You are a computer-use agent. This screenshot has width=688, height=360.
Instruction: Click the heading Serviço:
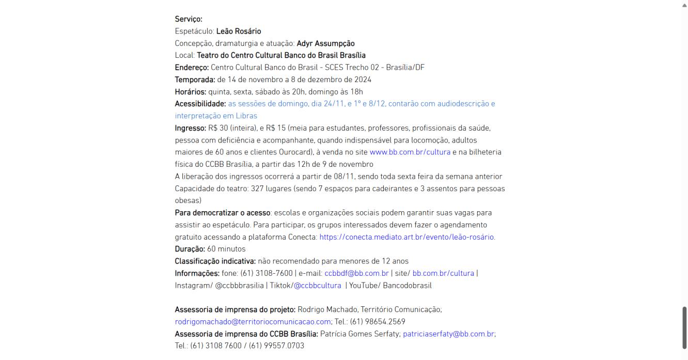(x=189, y=19)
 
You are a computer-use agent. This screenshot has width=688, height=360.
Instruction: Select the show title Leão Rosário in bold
(x=239, y=31)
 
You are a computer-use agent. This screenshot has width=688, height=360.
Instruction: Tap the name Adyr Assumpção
(x=325, y=43)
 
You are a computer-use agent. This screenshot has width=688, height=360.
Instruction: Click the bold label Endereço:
(x=192, y=67)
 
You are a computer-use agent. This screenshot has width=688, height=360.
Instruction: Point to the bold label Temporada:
(x=195, y=80)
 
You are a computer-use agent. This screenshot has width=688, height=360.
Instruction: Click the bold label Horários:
(x=190, y=91)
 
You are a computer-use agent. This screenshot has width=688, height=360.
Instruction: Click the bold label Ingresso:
(x=191, y=128)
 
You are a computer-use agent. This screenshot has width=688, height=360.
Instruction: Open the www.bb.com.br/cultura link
(x=410, y=152)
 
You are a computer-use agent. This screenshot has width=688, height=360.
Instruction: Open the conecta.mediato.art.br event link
(x=407, y=237)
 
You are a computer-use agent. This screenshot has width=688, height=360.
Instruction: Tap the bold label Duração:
(x=190, y=249)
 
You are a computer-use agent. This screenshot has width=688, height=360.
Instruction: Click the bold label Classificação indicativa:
(x=215, y=261)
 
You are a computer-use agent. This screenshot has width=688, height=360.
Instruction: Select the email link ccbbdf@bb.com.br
(x=356, y=273)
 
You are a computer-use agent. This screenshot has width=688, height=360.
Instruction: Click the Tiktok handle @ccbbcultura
(x=317, y=285)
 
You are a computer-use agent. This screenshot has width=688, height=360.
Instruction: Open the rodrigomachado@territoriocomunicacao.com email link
(x=253, y=322)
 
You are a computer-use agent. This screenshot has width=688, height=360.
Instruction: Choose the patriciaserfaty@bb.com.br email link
(x=448, y=334)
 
